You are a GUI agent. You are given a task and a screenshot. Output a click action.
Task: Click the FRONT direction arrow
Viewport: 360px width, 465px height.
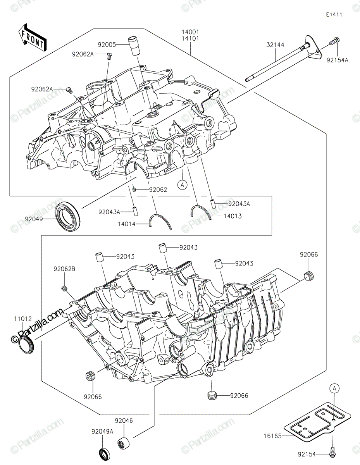pyautogui.click(x=33, y=38)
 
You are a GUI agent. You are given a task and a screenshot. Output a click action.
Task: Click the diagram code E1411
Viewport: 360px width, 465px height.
pyautogui.click(x=334, y=15)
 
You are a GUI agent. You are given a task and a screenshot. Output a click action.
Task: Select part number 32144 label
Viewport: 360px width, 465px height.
pyautogui.click(x=275, y=45)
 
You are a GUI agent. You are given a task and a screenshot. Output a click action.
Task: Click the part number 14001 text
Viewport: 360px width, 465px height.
pyautogui.click(x=190, y=32)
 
